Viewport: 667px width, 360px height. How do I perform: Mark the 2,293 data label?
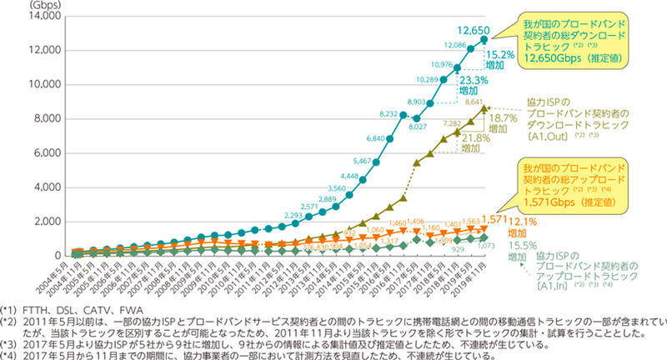tap(291, 192)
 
